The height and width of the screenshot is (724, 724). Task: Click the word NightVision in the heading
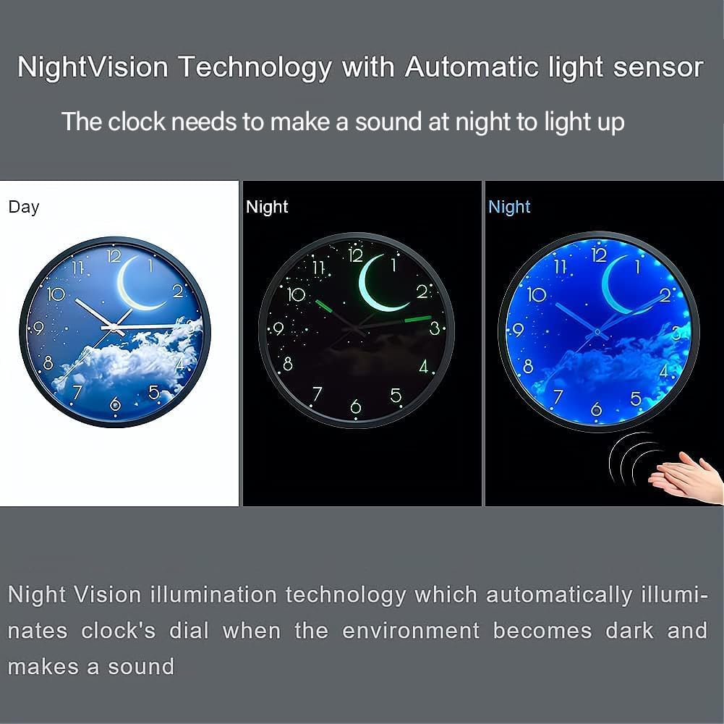click(93, 67)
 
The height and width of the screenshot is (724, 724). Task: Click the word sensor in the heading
click(657, 67)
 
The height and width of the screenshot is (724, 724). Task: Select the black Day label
click(24, 208)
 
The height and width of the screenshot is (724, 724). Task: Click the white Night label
click(267, 208)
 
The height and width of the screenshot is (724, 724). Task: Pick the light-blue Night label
click(509, 208)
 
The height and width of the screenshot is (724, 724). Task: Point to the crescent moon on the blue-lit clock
click(619, 286)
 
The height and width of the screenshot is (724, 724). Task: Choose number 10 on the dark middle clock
click(297, 294)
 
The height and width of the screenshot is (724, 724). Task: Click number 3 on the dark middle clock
click(435, 328)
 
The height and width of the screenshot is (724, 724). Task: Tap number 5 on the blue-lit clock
click(636, 398)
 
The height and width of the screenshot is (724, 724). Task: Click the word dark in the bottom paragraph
click(629, 630)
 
